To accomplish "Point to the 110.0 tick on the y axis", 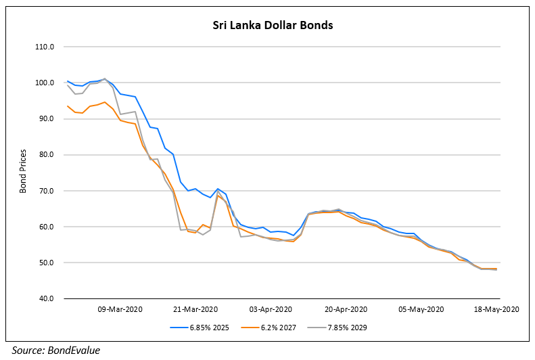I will pos(45,47).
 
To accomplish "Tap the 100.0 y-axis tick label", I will pos(45,83).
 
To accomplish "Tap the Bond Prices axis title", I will pos(23,173).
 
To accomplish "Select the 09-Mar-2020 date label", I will pos(119,309).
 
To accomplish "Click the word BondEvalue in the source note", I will pos(74,350).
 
